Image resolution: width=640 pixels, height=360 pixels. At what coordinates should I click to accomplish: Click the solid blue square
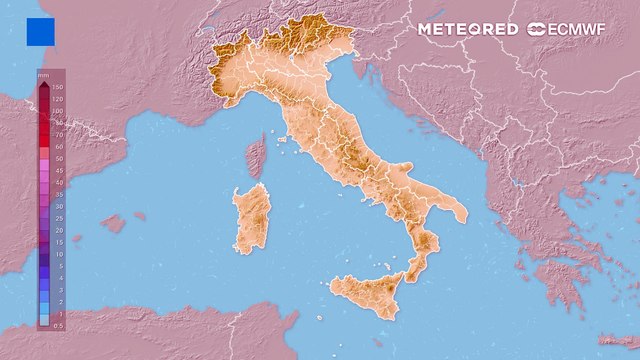click(41, 31)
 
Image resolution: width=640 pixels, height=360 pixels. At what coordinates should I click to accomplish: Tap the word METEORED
click(468, 29)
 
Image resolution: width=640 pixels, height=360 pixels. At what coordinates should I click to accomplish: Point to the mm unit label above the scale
click(43, 76)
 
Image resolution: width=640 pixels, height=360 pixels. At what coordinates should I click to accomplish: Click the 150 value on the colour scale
click(58, 87)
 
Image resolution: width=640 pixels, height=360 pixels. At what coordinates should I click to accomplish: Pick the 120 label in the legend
click(58, 99)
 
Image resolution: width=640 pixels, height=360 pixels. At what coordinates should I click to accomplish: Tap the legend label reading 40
click(58, 182)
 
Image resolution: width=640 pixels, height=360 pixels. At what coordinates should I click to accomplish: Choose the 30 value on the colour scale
click(58, 206)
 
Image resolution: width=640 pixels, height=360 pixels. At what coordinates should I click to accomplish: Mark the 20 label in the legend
click(58, 230)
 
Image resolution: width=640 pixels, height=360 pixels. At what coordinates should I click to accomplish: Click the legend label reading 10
click(58, 254)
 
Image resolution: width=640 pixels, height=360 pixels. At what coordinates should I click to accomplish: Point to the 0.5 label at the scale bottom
click(58, 324)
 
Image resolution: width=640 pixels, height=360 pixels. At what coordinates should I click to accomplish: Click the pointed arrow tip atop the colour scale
click(43, 86)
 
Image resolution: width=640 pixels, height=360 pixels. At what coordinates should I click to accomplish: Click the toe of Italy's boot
click(415, 265)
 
